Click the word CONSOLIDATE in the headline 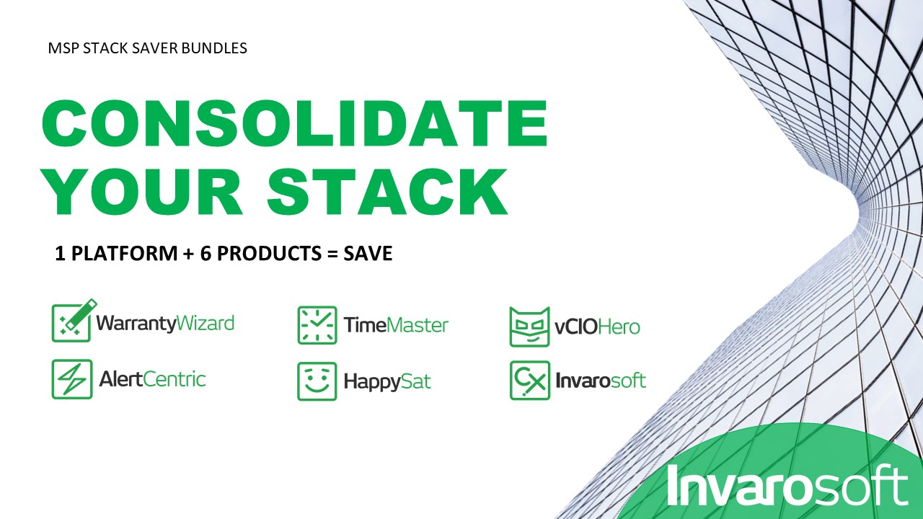(295, 123)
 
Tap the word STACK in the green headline (387, 192)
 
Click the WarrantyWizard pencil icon (74, 321)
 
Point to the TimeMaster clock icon (317, 325)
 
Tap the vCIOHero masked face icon (529, 327)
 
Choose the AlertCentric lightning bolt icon (72, 379)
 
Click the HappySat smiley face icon (317, 381)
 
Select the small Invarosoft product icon (530, 380)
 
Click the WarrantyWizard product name (165, 324)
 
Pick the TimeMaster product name (396, 325)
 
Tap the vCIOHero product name (597, 327)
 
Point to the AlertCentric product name (152, 379)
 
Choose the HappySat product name (387, 382)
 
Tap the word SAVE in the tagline (368, 253)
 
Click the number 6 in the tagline (206, 253)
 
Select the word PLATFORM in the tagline (125, 253)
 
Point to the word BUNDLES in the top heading (214, 48)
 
